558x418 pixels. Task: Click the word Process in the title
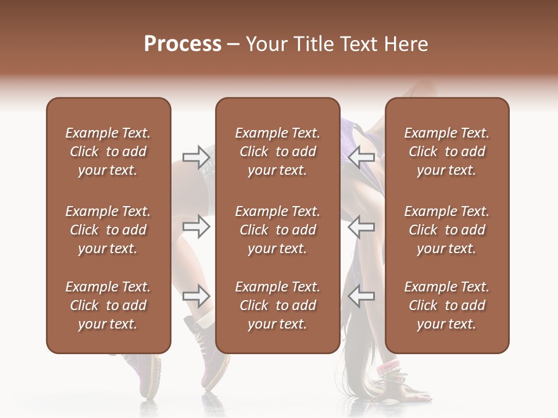(x=183, y=44)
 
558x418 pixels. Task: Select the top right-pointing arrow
(x=196, y=156)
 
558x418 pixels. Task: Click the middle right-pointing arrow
(x=196, y=226)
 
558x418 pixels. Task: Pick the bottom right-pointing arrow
(x=196, y=296)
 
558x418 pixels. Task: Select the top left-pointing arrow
(x=361, y=156)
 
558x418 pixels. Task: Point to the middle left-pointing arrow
(x=361, y=226)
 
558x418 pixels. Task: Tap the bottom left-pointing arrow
(x=361, y=296)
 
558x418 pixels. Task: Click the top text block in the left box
(x=108, y=152)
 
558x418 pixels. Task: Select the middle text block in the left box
(x=108, y=230)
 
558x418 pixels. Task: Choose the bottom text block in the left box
(x=108, y=305)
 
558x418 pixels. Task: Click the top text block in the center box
(x=277, y=152)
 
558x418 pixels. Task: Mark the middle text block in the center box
(x=277, y=230)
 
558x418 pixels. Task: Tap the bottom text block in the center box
(x=277, y=305)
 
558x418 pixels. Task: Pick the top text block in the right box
(x=446, y=152)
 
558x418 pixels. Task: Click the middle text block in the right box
(x=446, y=230)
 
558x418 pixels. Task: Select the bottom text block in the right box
(x=446, y=305)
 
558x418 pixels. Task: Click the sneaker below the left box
(x=144, y=374)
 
